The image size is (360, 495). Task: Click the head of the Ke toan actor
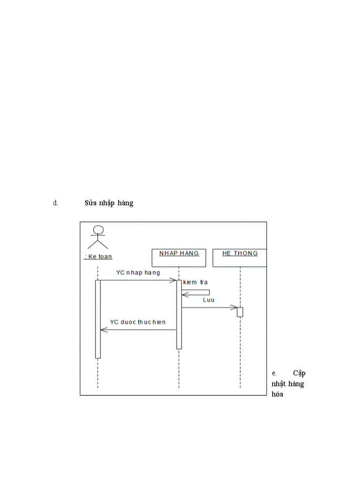pyautogui.click(x=98, y=230)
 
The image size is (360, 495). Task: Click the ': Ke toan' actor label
pyautogui.click(x=98, y=257)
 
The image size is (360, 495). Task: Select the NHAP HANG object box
pyautogui.click(x=179, y=258)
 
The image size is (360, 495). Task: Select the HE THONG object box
pyautogui.click(x=240, y=258)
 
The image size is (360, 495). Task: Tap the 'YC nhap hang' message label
pyautogui.click(x=138, y=272)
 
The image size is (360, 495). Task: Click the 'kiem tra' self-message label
pyautogui.click(x=195, y=282)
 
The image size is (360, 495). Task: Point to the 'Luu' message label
pyautogui.click(x=209, y=300)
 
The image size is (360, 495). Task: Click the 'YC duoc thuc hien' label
pyautogui.click(x=138, y=322)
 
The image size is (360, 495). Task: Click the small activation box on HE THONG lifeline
pyautogui.click(x=240, y=312)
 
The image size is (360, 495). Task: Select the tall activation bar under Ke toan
pyautogui.click(x=98, y=319)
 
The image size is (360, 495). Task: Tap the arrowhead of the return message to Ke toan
pyautogui.click(x=103, y=329)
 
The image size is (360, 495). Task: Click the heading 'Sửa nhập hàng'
pyautogui.click(x=109, y=203)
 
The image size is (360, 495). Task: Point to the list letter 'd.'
pyautogui.click(x=56, y=203)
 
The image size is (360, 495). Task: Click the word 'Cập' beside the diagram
pyautogui.click(x=299, y=373)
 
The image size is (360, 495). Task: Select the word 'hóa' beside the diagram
pyautogui.click(x=277, y=395)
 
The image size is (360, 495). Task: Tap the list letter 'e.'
pyautogui.click(x=274, y=373)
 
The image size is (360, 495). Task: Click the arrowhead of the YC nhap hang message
pyautogui.click(x=173, y=280)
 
